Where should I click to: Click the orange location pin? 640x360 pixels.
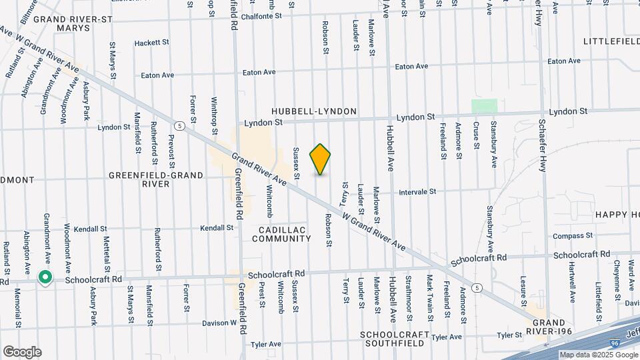tap(320, 159)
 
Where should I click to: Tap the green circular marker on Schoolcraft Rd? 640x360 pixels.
tap(45, 277)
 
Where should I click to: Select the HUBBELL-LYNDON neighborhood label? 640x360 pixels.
tap(314, 111)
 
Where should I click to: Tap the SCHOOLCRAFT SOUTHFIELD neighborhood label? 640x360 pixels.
tap(392, 339)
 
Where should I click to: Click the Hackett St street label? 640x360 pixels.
tap(151, 43)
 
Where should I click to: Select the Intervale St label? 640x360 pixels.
tap(417, 191)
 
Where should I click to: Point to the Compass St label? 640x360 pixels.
tap(573, 236)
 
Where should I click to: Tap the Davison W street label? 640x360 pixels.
tap(219, 323)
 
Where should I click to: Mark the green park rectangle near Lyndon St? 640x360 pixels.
tap(485, 106)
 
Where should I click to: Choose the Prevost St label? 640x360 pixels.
tap(171, 151)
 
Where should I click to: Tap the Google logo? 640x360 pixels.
tap(22, 352)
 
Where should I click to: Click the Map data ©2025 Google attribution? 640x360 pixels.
tap(598, 355)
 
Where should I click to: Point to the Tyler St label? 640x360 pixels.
tap(508, 335)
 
